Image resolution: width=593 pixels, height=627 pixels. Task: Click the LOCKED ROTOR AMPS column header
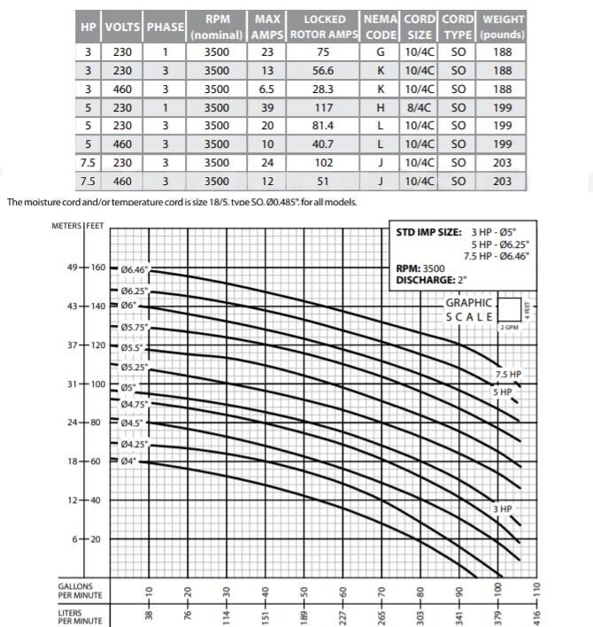point(325,27)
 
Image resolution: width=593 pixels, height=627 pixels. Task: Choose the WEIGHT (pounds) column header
point(503,27)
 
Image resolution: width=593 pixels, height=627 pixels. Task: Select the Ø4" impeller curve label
point(131,462)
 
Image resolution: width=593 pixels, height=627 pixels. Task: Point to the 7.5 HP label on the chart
point(508,375)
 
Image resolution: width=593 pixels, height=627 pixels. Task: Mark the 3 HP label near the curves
point(503,508)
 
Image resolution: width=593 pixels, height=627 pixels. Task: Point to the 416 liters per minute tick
point(535,610)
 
